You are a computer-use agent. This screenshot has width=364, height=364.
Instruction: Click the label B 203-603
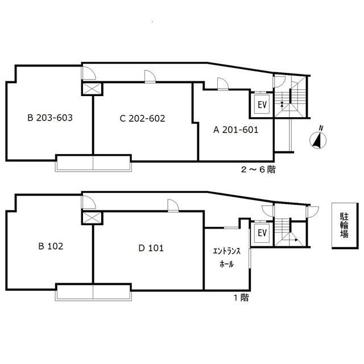[50, 118]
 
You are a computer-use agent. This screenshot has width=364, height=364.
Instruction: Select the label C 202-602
[142, 118]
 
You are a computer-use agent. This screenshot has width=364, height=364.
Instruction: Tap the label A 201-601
[235, 130]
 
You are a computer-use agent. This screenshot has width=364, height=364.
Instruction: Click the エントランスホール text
[226, 259]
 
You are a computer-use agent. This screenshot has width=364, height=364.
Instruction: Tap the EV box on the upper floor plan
[262, 105]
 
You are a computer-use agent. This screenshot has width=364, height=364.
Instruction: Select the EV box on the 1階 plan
[262, 233]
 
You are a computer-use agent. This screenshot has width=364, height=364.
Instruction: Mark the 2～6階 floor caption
[258, 169]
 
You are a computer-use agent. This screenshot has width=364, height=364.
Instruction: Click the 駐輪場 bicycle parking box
[344, 226]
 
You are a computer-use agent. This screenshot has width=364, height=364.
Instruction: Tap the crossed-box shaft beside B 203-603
[92, 89]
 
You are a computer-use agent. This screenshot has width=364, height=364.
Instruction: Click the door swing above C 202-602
[150, 77]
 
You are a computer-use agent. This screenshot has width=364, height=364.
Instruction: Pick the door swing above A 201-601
[222, 84]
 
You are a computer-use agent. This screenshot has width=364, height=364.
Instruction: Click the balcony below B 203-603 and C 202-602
[93, 163]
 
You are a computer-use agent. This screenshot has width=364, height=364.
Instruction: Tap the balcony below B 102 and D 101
[93, 291]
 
